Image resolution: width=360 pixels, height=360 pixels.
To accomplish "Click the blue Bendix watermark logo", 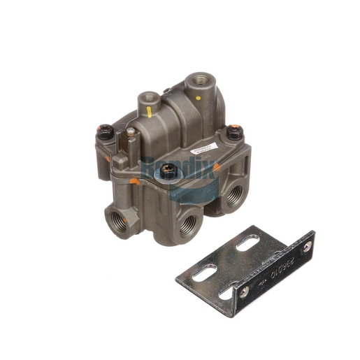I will coord(180,171).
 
